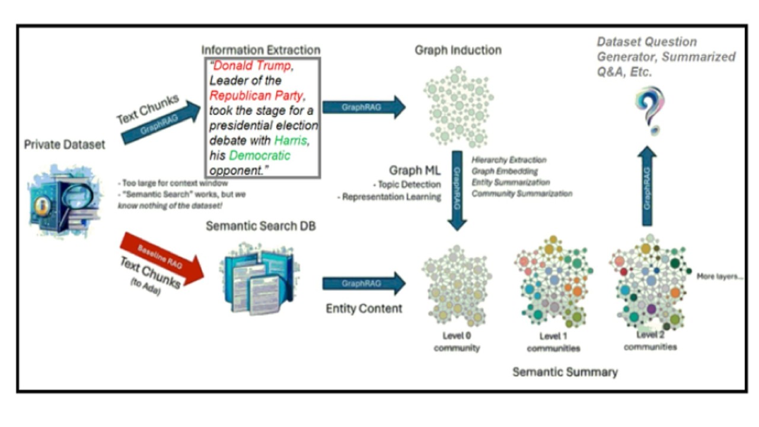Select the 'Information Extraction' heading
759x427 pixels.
pos(261,50)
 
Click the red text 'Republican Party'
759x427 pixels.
pos(256,95)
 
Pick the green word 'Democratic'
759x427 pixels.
pos(260,156)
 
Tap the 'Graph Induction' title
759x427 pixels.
pos(458,50)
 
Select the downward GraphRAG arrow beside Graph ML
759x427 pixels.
pos(457,190)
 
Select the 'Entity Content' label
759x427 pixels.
pos(364,308)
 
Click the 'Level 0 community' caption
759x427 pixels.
pos(456,342)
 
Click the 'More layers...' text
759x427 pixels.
pos(720,276)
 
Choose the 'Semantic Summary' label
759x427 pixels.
pos(565,372)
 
